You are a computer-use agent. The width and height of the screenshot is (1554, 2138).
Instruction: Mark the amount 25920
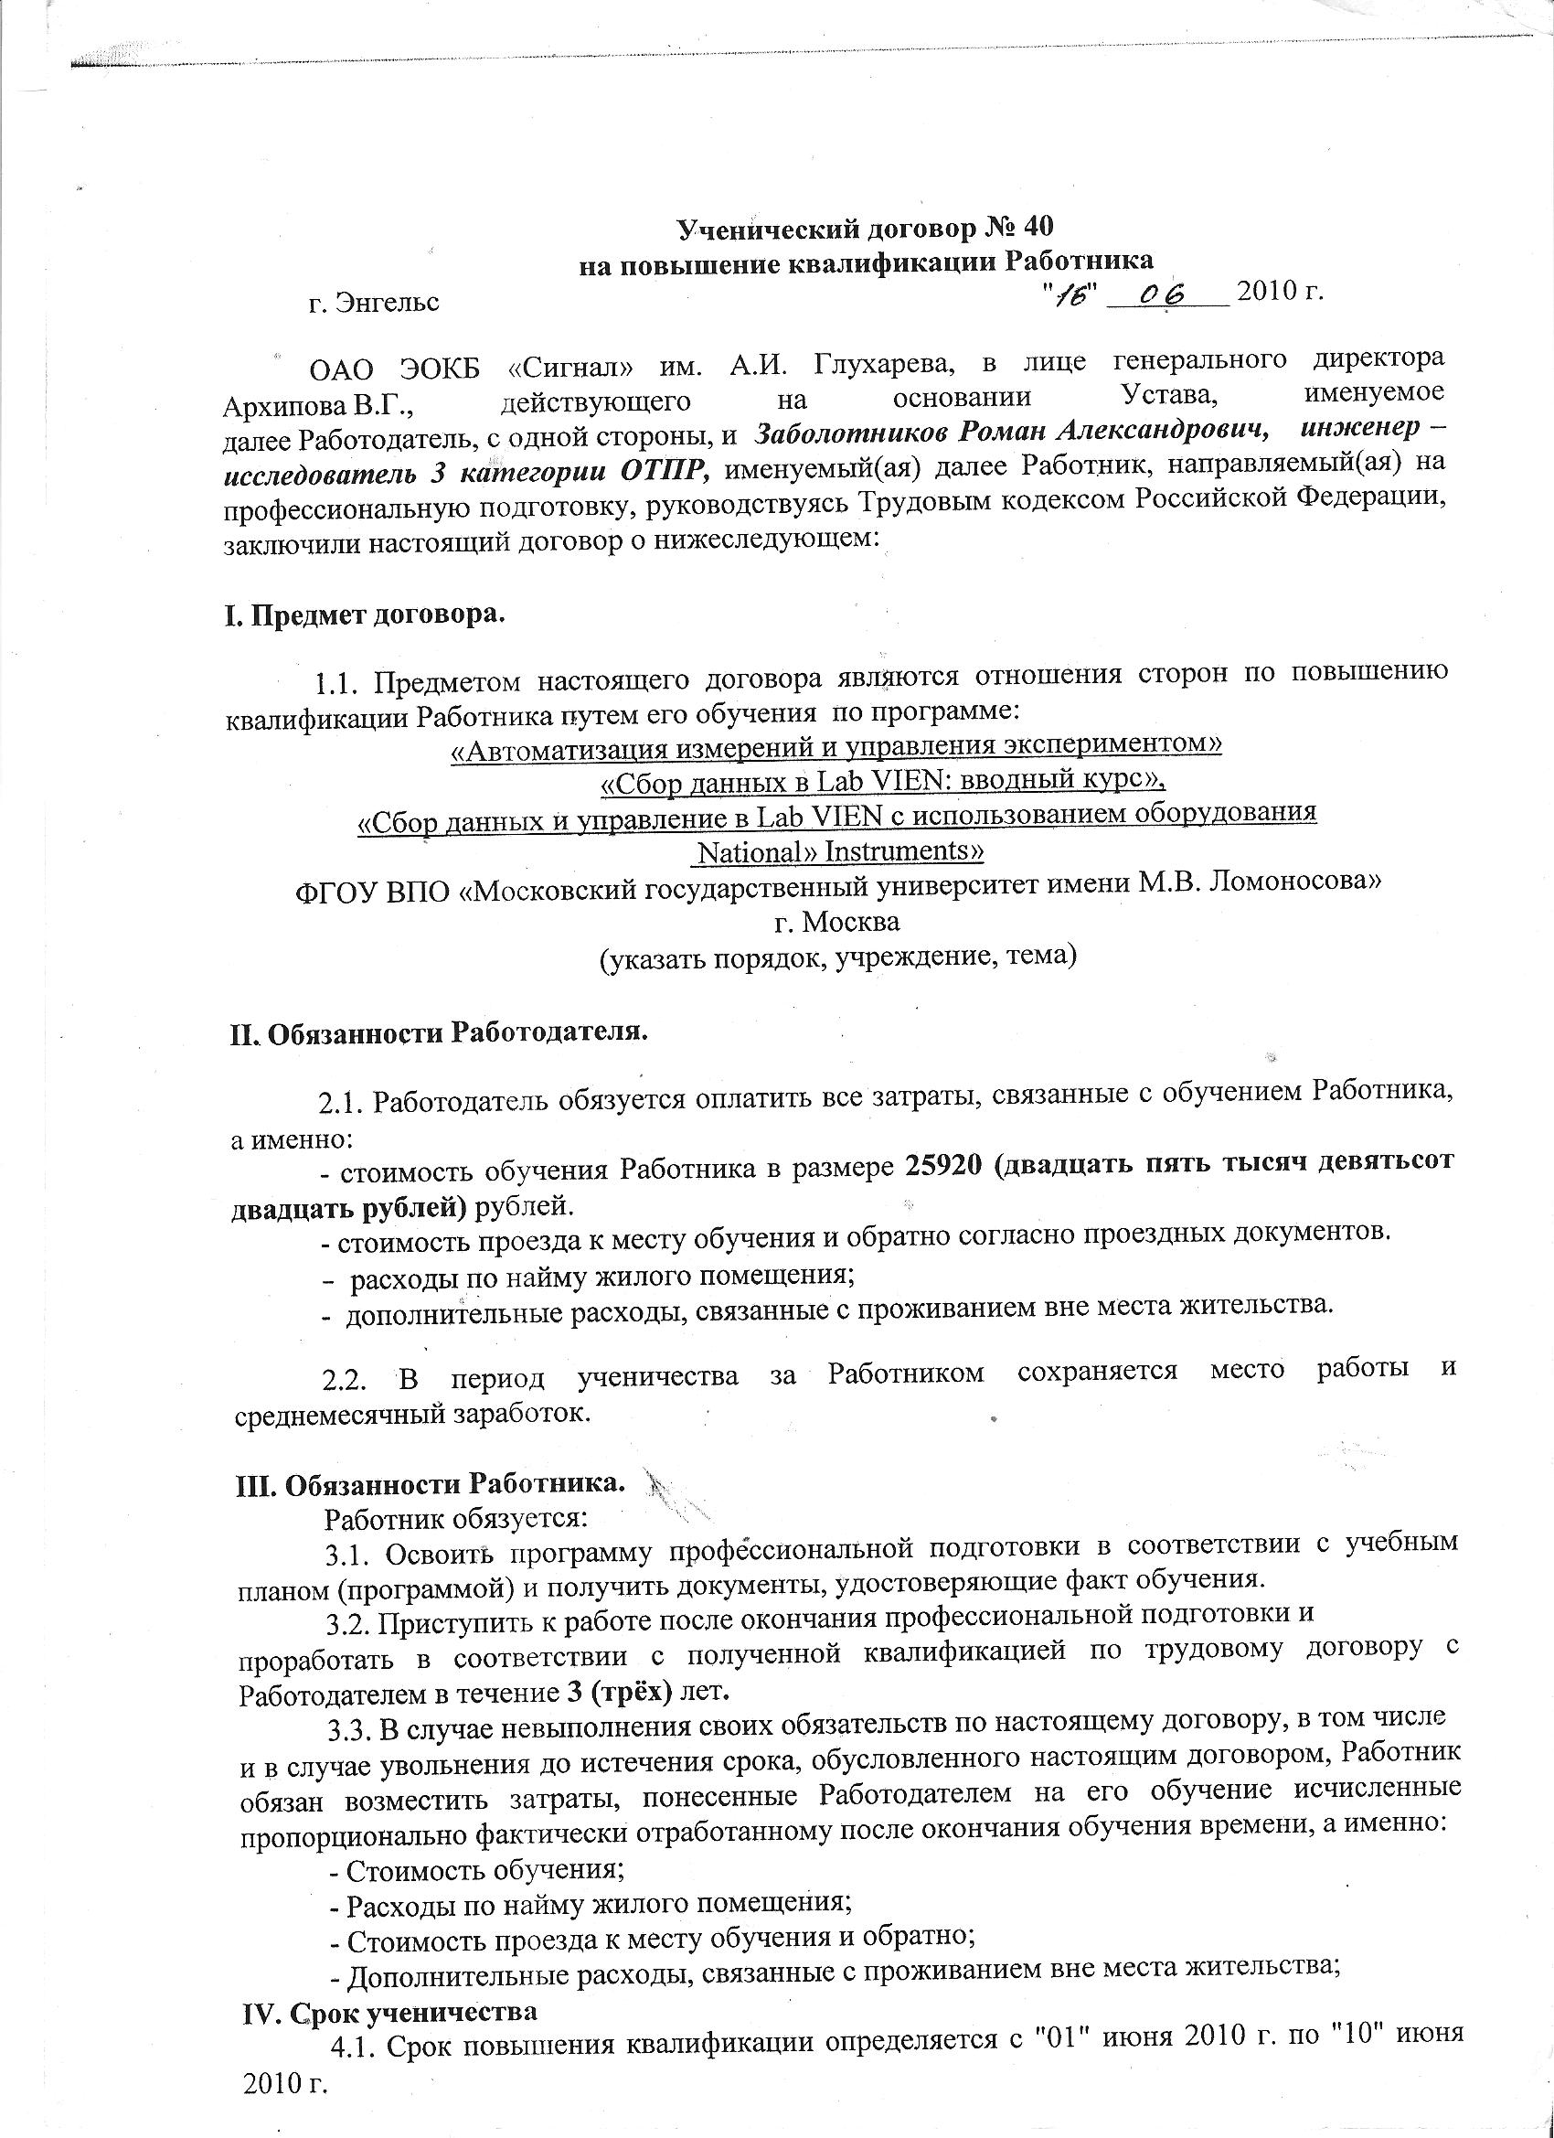[x=943, y=1165]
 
